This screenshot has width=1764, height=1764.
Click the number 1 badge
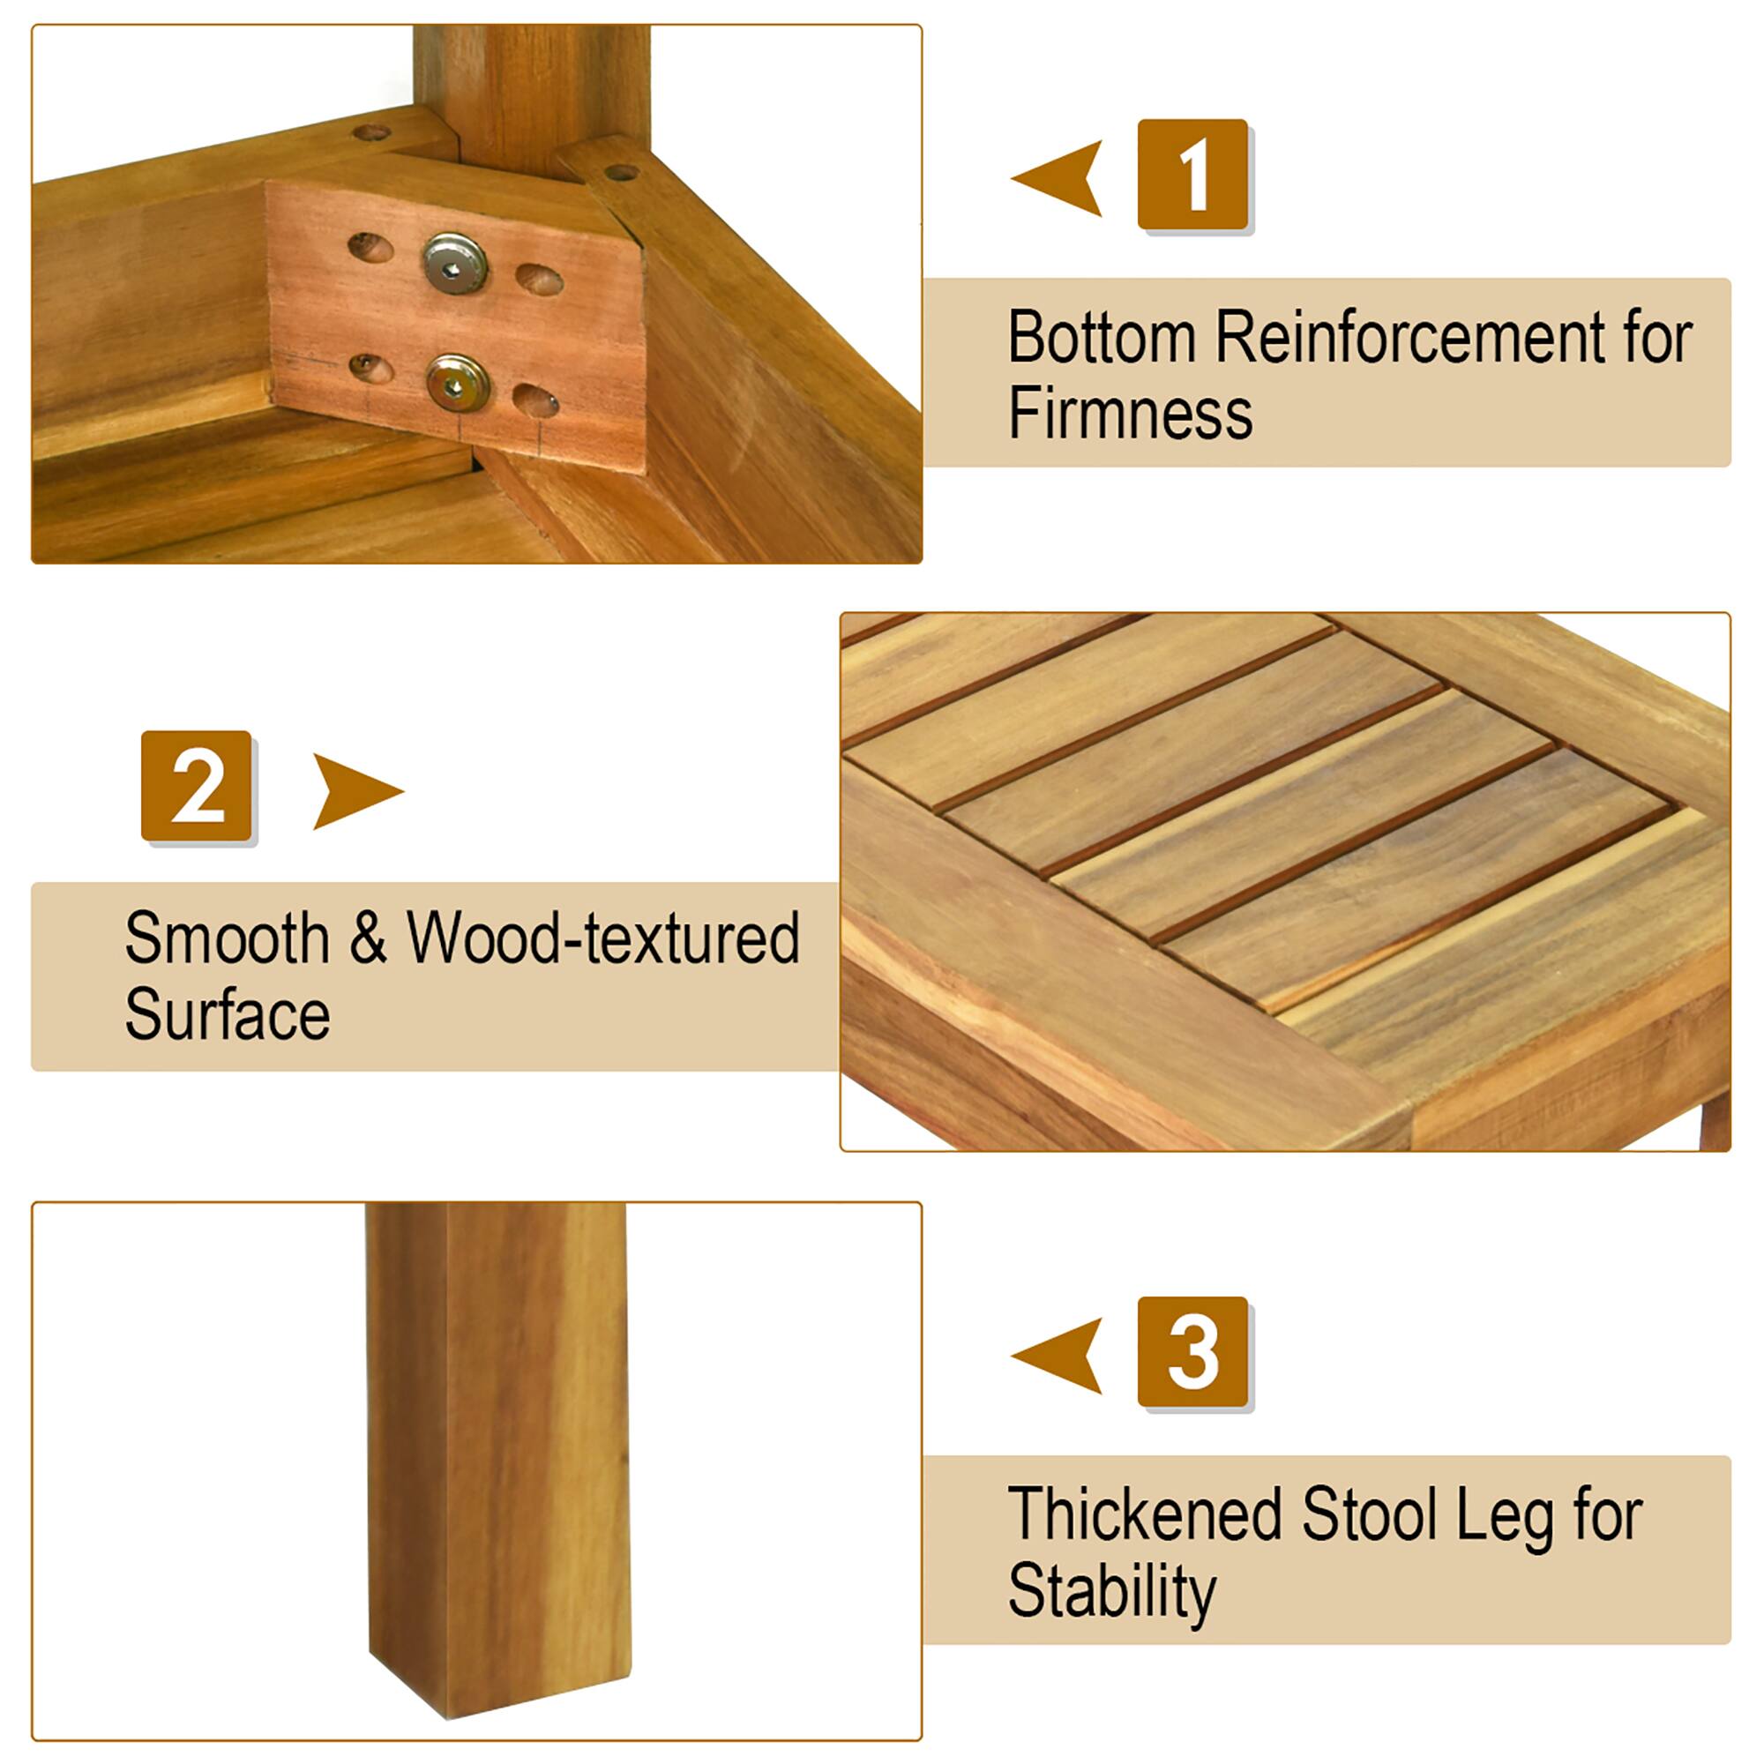click(1192, 174)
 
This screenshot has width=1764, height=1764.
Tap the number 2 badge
click(197, 785)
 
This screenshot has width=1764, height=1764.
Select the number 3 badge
click(1192, 1351)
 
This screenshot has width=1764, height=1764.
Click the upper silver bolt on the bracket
click(453, 264)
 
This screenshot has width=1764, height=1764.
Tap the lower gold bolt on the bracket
click(458, 383)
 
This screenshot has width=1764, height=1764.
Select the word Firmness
click(1130, 414)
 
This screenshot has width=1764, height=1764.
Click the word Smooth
click(227, 938)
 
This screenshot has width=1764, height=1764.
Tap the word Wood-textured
click(602, 938)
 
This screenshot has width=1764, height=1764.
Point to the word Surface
click(227, 1014)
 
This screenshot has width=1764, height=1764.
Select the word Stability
click(1111, 1592)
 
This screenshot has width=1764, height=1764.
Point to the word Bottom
click(1101, 338)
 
